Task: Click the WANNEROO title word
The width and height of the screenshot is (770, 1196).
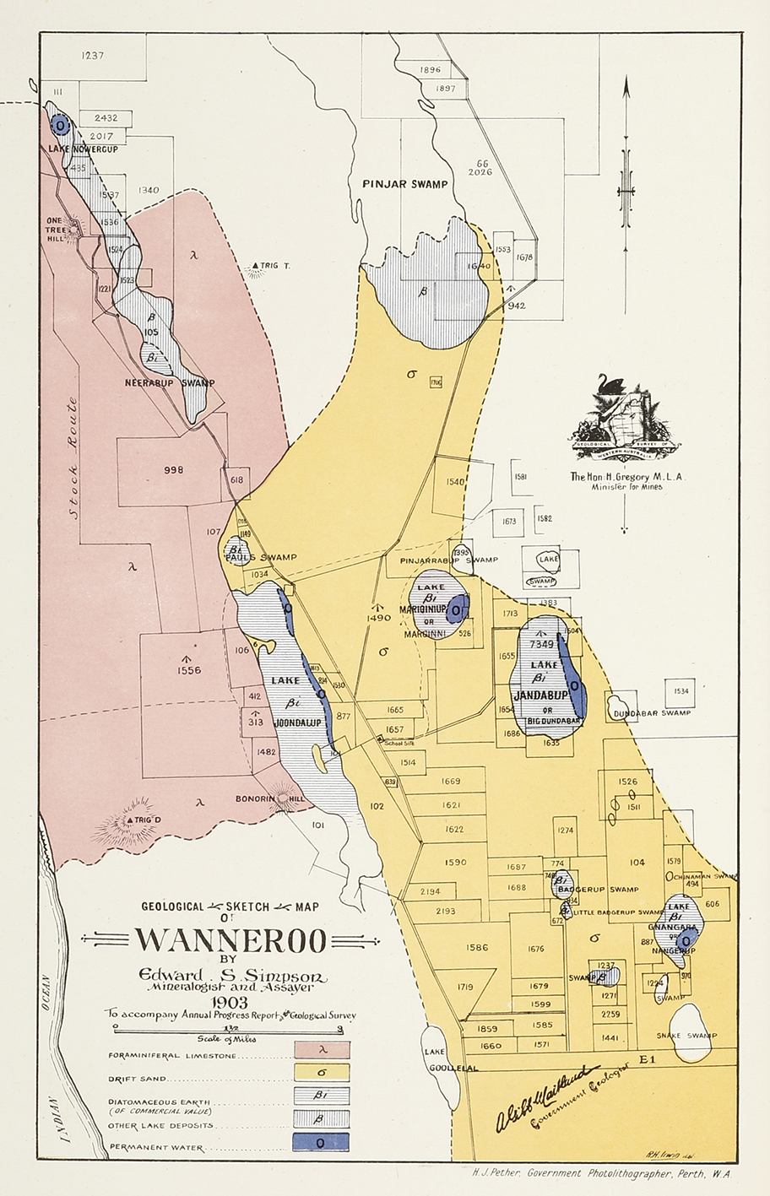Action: (x=225, y=939)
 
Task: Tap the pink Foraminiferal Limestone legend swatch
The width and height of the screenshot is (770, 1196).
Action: (x=322, y=1050)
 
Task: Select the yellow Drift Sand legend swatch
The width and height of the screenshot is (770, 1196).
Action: (x=322, y=1072)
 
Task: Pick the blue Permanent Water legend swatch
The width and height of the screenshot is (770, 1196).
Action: (x=322, y=1142)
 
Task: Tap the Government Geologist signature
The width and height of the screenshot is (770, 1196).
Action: (x=549, y=1096)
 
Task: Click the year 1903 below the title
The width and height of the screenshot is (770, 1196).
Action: (x=230, y=1002)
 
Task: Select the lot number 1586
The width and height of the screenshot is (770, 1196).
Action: (x=477, y=947)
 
